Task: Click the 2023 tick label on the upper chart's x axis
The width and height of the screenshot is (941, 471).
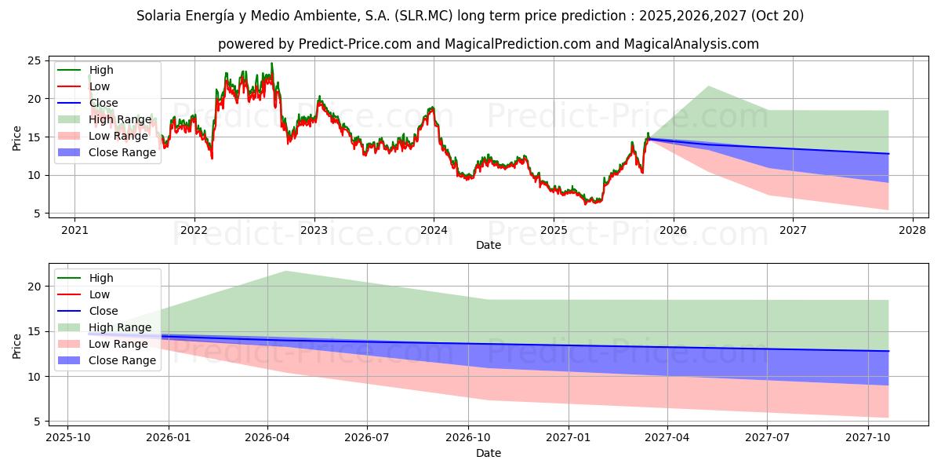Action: pyautogui.click(x=314, y=230)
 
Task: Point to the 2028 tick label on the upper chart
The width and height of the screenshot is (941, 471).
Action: pyautogui.click(x=913, y=230)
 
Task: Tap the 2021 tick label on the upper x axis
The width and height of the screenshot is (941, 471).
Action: pyautogui.click(x=74, y=230)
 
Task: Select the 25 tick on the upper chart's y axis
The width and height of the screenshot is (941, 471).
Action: pyautogui.click(x=34, y=60)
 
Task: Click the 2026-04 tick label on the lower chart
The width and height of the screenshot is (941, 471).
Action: pyautogui.click(x=267, y=438)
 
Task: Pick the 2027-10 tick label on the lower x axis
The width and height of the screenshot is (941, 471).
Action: pyautogui.click(x=868, y=438)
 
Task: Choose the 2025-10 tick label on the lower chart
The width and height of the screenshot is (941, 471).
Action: pyautogui.click(x=67, y=438)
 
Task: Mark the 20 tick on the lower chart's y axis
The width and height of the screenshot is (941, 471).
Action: pyautogui.click(x=34, y=287)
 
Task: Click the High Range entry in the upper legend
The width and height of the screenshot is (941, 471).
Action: pyautogui.click(x=120, y=119)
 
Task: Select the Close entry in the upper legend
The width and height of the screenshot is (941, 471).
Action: pyautogui.click(x=104, y=103)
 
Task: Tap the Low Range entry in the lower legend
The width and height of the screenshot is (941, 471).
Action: pyautogui.click(x=118, y=344)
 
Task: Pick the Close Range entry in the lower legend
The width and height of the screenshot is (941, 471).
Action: pyautogui.click(x=122, y=360)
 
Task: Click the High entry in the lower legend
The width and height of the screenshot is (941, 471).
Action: pyautogui.click(x=101, y=278)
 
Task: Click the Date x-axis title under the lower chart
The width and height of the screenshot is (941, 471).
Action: pyautogui.click(x=488, y=453)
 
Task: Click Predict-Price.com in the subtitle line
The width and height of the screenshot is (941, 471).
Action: pyautogui.click(x=355, y=44)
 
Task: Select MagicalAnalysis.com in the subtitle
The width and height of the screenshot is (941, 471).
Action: pyautogui.click(x=691, y=44)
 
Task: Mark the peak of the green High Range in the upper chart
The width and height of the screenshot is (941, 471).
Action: pyautogui.click(x=708, y=86)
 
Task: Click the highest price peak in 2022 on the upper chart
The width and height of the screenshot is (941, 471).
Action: pyautogui.click(x=272, y=64)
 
